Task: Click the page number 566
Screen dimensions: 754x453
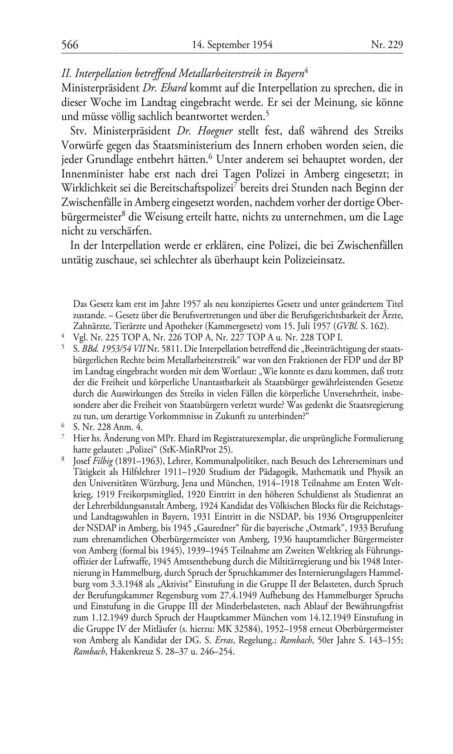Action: [x=70, y=45]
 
